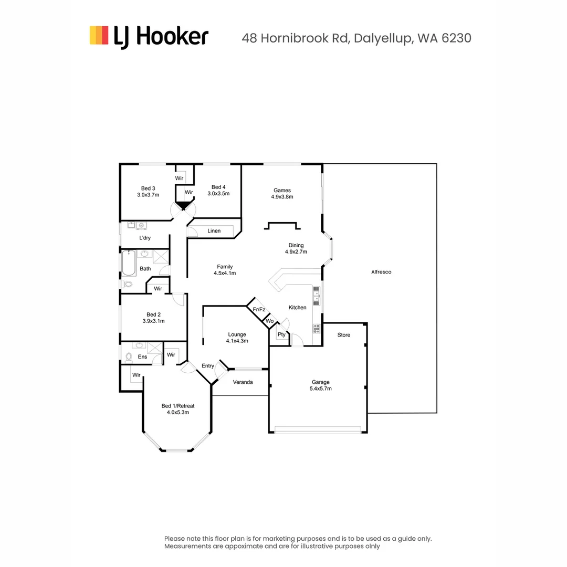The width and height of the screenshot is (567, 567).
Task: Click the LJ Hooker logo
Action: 149,37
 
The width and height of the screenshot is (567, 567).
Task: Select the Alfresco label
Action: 381,272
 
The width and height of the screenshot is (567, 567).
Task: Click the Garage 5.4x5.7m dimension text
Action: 321,388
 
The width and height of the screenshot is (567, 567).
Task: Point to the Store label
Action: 344,335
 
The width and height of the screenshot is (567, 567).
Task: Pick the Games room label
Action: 282,190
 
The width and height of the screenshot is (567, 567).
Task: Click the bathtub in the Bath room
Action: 129,263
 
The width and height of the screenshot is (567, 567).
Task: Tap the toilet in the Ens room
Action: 129,358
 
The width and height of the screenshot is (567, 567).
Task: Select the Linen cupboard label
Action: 214,230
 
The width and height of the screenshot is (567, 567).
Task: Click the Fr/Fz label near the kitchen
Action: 259,310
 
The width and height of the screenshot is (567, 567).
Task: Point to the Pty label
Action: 281,334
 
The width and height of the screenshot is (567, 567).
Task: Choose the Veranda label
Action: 243,382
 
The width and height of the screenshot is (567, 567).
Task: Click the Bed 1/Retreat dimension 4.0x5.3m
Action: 178,412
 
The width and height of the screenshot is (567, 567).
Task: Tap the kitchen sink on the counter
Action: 317,296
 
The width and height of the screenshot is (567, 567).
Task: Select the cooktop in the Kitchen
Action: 317,329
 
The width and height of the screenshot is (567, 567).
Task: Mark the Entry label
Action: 208,366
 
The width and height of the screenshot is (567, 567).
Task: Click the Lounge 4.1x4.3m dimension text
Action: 237,341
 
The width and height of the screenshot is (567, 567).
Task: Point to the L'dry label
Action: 145,238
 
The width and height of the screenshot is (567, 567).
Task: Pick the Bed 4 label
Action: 218,187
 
